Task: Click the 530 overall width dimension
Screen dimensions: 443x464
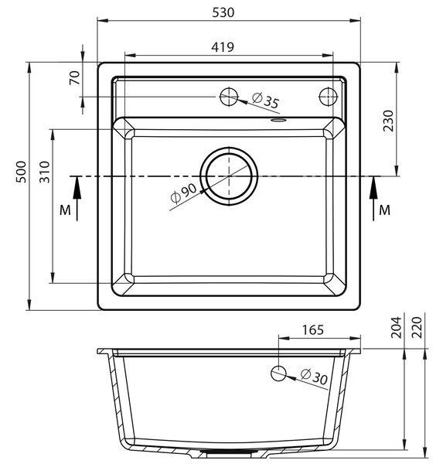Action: [x=223, y=12]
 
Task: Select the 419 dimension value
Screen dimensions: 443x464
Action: [x=223, y=47]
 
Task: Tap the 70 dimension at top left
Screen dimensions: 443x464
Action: [x=75, y=78]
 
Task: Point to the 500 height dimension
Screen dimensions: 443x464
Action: [x=21, y=172]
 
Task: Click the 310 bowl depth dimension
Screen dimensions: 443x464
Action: [x=45, y=172]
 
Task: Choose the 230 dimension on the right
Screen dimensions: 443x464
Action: [x=388, y=121]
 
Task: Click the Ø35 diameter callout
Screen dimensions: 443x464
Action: [x=265, y=101]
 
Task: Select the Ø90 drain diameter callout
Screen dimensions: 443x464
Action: [x=184, y=193]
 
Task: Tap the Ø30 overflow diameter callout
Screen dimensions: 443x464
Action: [x=314, y=377]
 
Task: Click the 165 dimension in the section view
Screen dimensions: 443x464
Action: [x=313, y=330]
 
